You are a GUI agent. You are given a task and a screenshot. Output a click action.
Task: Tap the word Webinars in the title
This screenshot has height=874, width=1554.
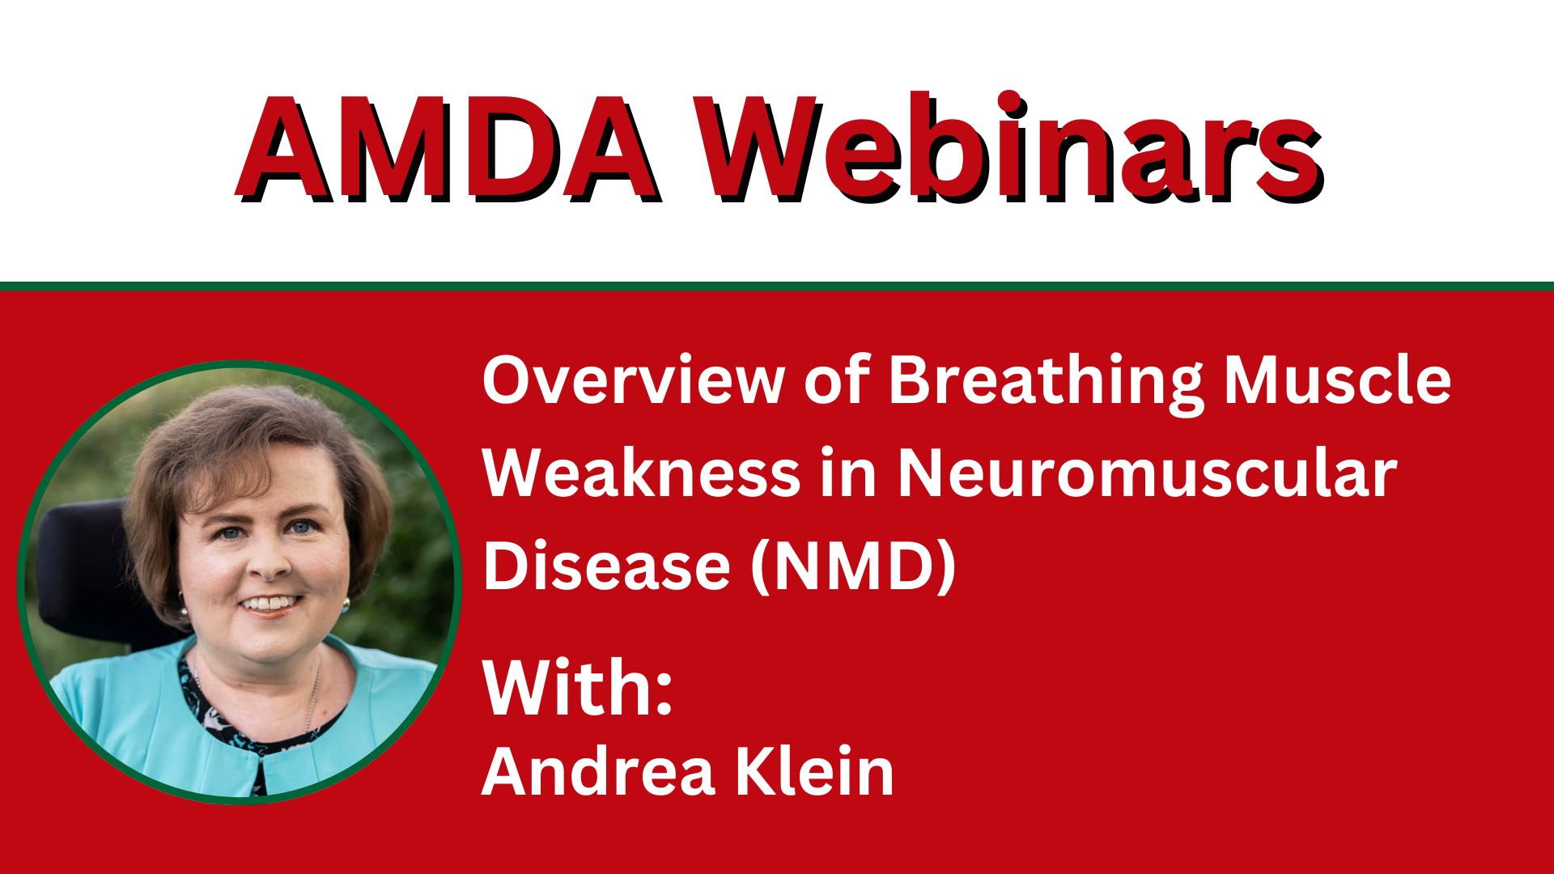tap(1009, 146)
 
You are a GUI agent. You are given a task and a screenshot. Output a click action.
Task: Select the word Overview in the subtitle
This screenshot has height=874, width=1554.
tap(633, 380)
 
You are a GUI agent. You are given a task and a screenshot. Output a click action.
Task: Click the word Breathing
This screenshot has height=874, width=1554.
tap(1047, 382)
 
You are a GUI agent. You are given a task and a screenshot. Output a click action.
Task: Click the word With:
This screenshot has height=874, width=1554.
tap(577, 688)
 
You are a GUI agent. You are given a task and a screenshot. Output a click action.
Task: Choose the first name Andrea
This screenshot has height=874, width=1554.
tap(598, 771)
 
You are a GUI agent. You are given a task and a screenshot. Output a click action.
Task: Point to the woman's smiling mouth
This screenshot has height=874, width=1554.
tap(270, 604)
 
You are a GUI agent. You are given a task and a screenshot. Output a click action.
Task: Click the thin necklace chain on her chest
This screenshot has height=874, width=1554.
tap(312, 696)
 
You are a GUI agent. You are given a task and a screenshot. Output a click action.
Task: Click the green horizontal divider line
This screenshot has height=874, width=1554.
tap(777, 286)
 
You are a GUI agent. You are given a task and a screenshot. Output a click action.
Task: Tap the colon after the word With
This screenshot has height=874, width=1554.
tap(664, 696)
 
